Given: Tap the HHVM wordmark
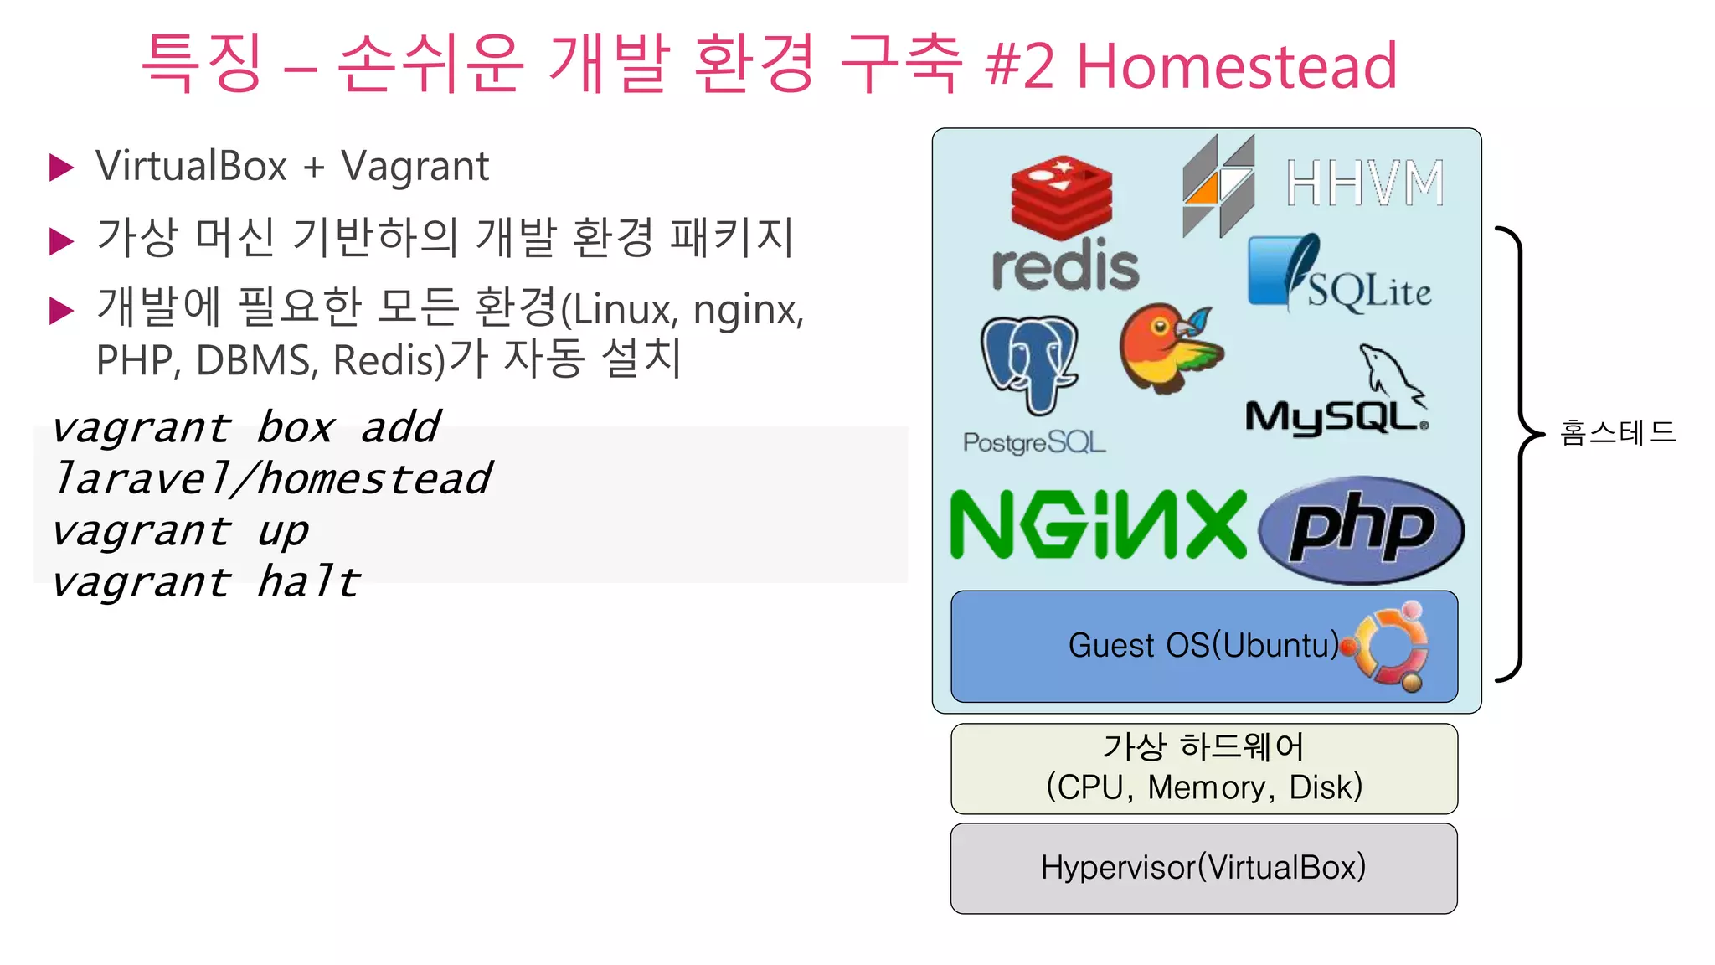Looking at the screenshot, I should [x=1365, y=183].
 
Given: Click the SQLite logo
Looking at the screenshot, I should [x=1337, y=275].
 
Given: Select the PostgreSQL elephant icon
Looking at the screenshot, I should [x=1029, y=362].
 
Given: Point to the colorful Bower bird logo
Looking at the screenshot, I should [x=1169, y=348].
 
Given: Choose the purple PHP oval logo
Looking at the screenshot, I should [x=1361, y=529].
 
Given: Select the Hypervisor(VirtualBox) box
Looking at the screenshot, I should [x=1203, y=868].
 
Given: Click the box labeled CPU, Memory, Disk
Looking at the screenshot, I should [x=1203, y=768].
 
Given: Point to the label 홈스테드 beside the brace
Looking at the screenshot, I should [x=1617, y=432].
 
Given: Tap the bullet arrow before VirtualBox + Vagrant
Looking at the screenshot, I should [x=62, y=168].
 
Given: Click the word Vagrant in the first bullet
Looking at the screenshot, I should [x=415, y=166].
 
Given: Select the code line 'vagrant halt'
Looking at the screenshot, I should [x=206, y=582].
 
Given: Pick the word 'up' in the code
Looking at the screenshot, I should [x=283, y=531].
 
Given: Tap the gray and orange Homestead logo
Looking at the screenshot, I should [x=1218, y=186].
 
